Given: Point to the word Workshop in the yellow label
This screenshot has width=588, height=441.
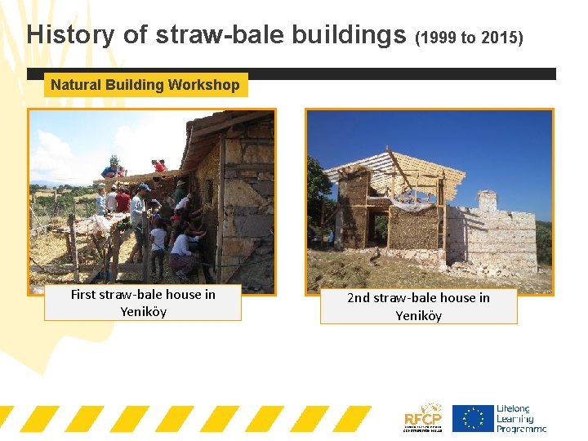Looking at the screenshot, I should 203,85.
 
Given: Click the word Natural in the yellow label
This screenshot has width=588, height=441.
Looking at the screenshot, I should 75,85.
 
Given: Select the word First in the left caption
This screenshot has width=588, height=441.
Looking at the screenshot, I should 84,295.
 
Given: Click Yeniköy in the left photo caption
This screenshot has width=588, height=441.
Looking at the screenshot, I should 143,312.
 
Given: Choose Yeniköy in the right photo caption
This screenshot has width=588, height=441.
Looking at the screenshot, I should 418,315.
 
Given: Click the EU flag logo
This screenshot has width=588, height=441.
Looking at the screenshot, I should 473,418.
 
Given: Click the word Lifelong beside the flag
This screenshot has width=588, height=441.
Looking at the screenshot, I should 513,408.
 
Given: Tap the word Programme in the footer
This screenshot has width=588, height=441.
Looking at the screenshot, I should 521,428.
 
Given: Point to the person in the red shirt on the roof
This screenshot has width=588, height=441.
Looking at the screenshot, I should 158,167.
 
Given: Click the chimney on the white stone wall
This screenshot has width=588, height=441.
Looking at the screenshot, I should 487,200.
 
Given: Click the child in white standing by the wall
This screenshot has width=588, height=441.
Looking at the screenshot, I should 158,245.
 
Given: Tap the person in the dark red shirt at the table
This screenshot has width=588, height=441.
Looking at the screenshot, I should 122,200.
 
